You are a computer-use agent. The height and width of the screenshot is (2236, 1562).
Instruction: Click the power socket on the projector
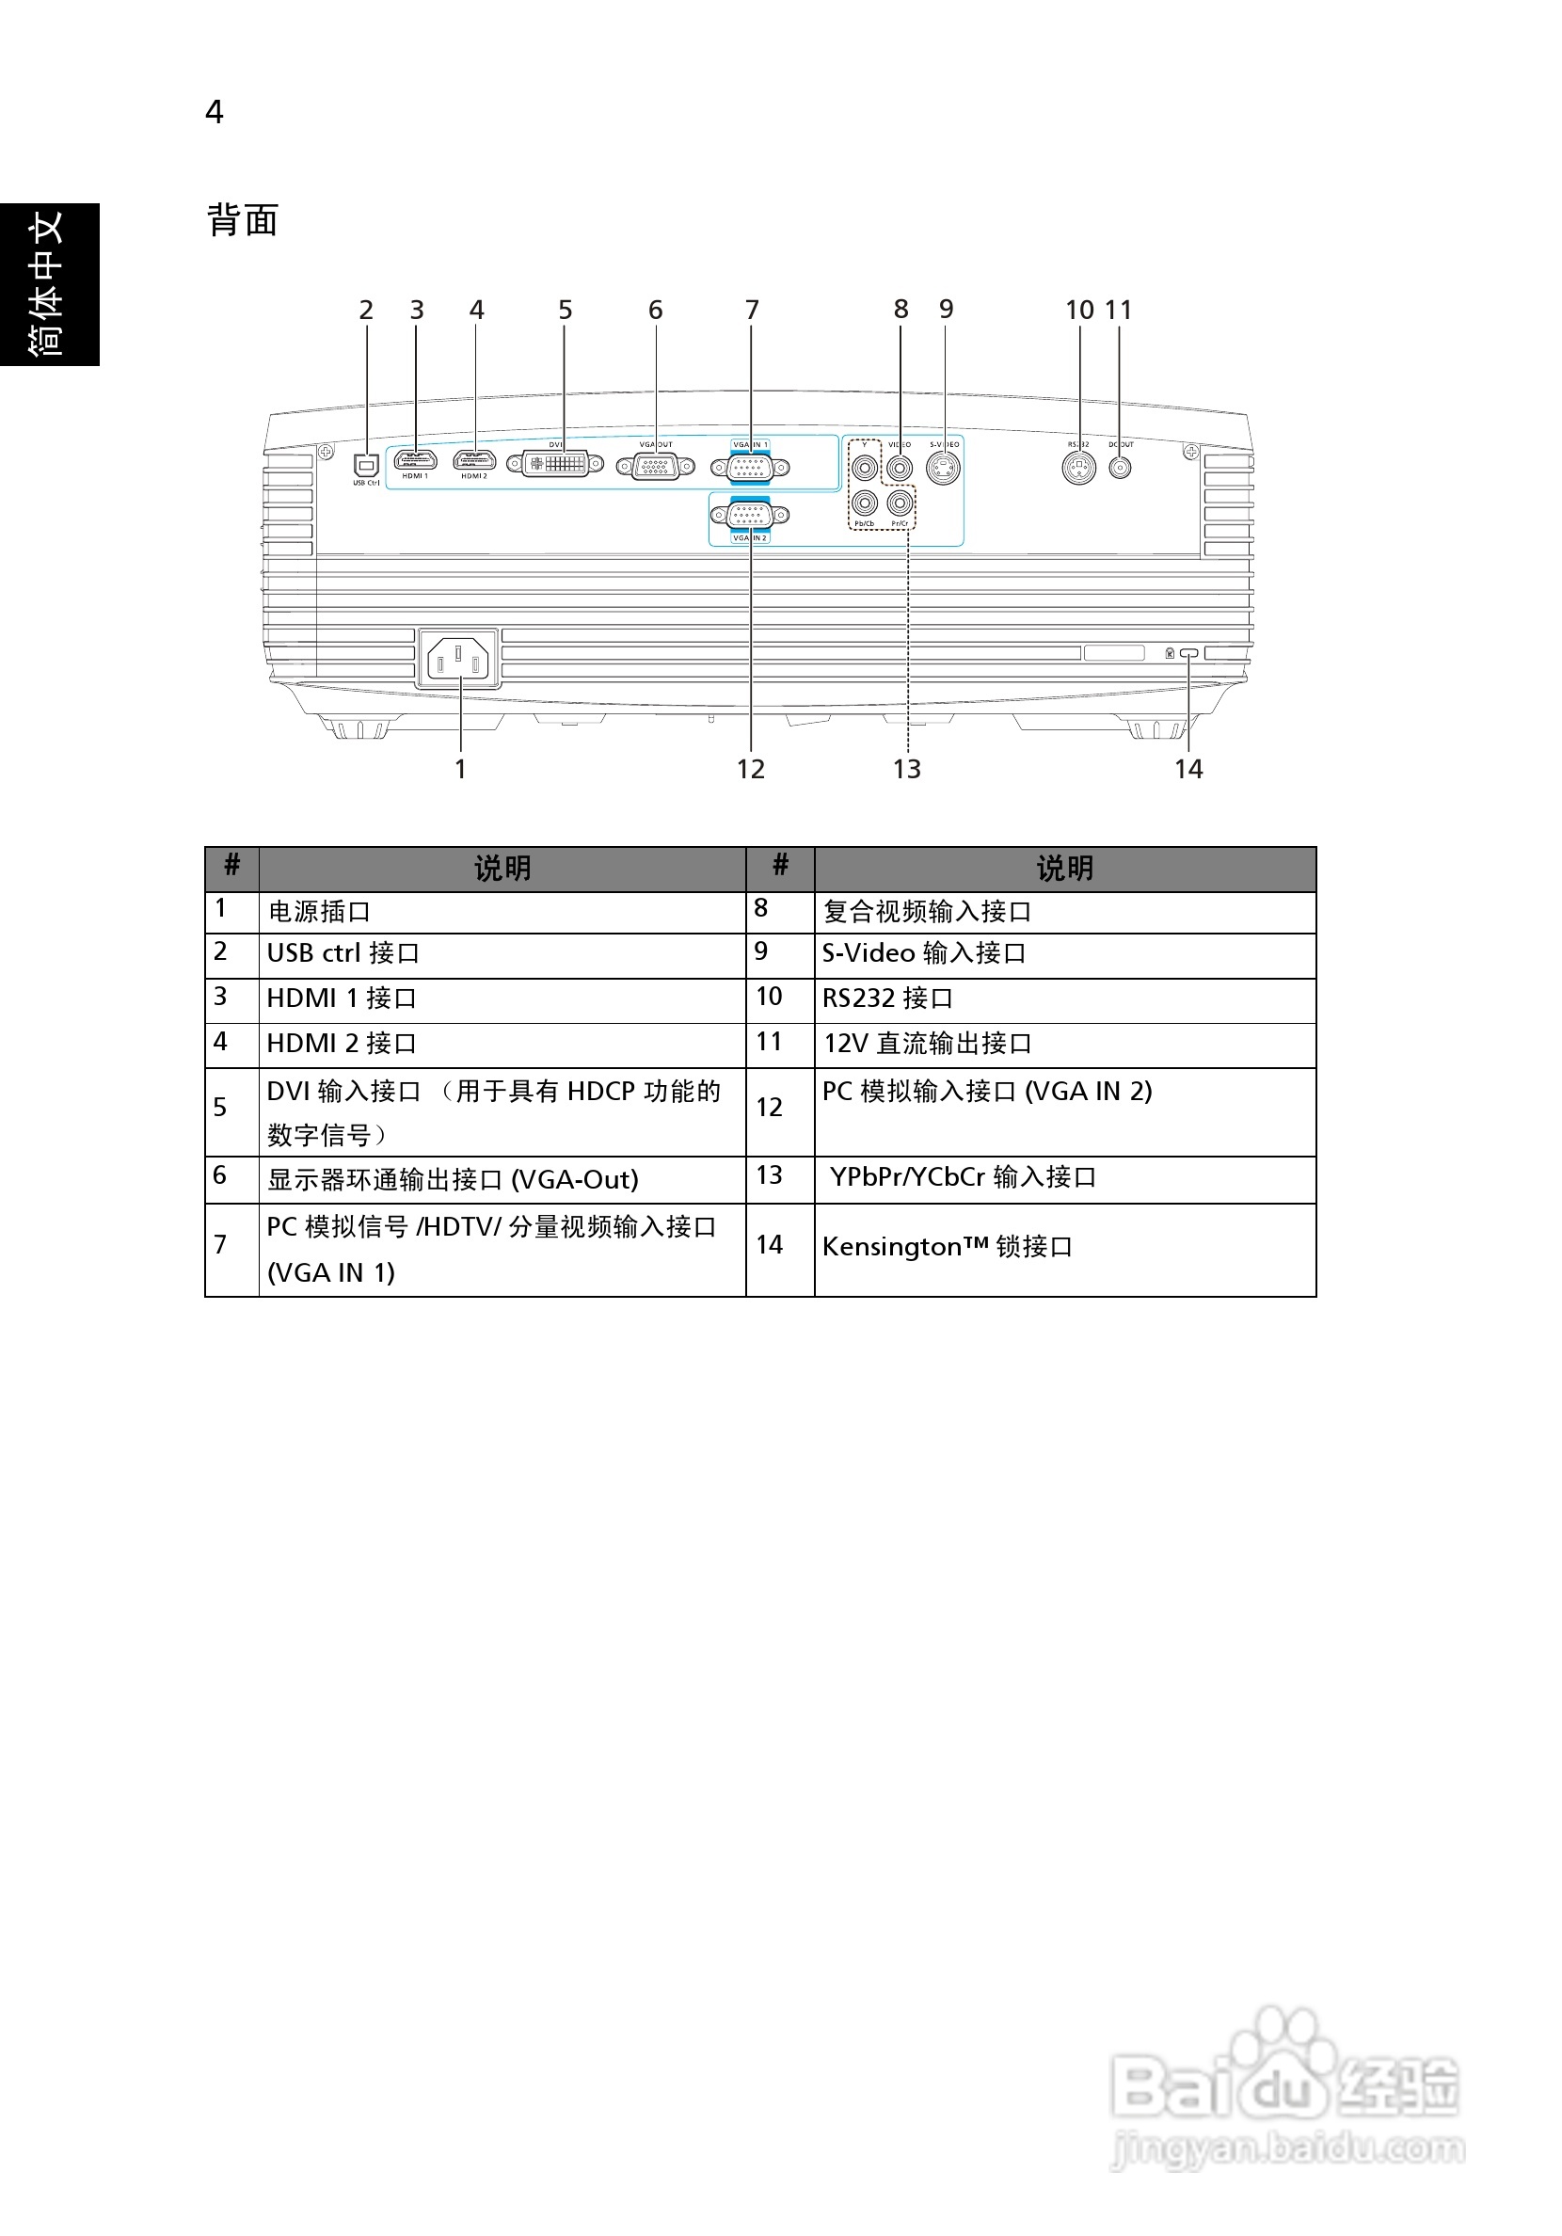pyautogui.click(x=457, y=660)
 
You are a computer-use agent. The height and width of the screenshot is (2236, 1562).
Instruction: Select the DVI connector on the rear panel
pyautogui.click(x=555, y=464)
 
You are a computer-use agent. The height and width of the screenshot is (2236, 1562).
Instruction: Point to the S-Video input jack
pyautogui.click(x=943, y=469)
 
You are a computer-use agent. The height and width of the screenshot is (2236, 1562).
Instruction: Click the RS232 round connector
pyautogui.click(x=1078, y=468)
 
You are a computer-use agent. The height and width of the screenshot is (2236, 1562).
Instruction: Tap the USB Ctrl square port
pyautogui.click(x=366, y=466)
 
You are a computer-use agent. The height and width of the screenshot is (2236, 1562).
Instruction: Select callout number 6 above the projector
pyautogui.click(x=655, y=310)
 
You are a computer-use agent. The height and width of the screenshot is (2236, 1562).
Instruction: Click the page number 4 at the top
pyautogui.click(x=215, y=112)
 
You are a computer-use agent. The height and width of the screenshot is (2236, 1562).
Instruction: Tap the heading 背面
pyautogui.click(x=243, y=220)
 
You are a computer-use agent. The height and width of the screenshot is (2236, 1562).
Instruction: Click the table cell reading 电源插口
pyautogui.click(x=319, y=912)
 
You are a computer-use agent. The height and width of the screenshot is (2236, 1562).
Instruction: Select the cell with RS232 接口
pyautogui.click(x=887, y=998)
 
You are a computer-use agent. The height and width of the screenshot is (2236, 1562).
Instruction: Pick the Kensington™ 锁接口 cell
pyautogui.click(x=947, y=1247)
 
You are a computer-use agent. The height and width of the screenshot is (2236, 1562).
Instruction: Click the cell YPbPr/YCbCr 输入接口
pyautogui.click(x=962, y=1177)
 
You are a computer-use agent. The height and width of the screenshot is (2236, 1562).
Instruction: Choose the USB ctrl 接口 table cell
pyautogui.click(x=343, y=953)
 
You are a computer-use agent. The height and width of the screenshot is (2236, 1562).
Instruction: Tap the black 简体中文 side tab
pyautogui.click(x=49, y=284)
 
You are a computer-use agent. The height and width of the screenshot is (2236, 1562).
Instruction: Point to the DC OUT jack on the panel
pyautogui.click(x=1121, y=469)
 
